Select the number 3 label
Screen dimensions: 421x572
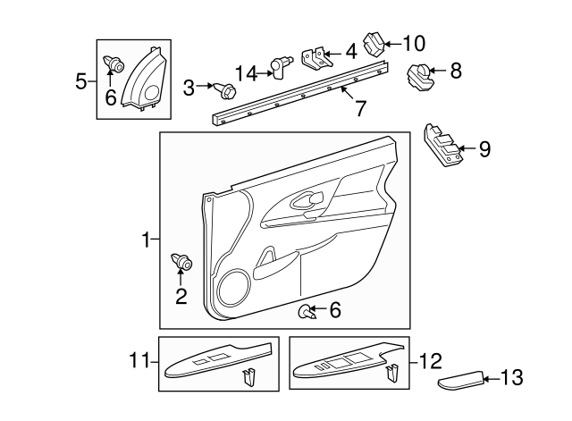pyautogui.click(x=189, y=87)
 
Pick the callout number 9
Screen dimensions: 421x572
pyautogui.click(x=484, y=149)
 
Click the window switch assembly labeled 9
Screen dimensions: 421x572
pyautogui.click(x=442, y=144)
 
